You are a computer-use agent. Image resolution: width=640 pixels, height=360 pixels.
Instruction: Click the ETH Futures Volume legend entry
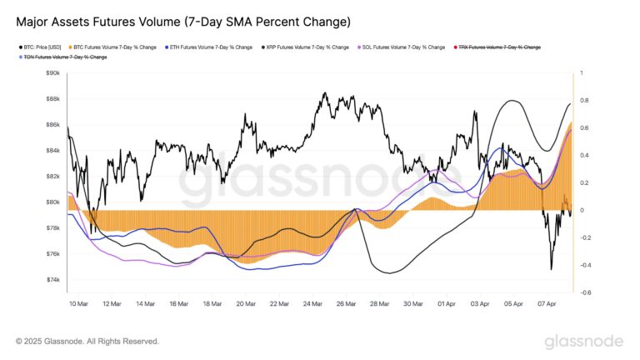click(211, 47)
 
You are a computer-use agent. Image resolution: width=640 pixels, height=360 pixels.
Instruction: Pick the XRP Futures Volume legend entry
click(307, 47)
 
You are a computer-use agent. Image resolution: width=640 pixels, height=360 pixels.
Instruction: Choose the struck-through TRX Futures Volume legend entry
click(498, 47)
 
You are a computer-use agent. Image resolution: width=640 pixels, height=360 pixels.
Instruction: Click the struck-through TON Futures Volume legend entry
click(63, 57)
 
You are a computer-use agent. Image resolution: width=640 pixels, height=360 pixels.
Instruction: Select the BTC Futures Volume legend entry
click(117, 47)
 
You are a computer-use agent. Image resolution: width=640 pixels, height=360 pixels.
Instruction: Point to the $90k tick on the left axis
click(52, 73)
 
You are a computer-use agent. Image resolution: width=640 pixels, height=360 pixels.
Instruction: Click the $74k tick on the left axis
click(52, 280)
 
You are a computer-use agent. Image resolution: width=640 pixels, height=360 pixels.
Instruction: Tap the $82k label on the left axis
click(52, 177)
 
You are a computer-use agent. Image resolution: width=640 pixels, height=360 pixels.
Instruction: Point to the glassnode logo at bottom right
click(583, 342)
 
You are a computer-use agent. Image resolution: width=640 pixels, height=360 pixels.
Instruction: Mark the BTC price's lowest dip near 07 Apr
click(551, 268)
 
